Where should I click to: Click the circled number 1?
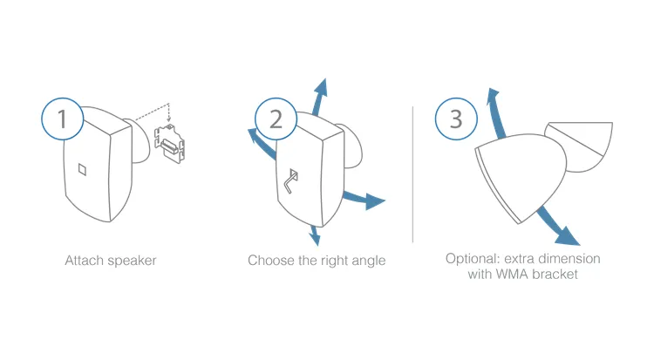[62, 119]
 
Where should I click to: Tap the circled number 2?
[276, 119]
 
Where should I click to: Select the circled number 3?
[456, 119]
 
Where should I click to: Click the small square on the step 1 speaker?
[83, 169]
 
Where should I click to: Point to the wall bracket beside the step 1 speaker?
[170, 144]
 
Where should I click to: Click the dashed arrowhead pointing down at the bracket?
[168, 122]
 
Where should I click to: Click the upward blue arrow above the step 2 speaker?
[319, 97]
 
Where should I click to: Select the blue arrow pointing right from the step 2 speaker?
[364, 199]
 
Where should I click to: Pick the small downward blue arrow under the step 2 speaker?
[315, 235]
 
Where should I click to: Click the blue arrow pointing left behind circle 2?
[261, 143]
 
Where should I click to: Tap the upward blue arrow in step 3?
[496, 112]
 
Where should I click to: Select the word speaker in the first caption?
[133, 262]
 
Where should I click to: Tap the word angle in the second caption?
[369, 262]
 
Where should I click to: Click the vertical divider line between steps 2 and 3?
[413, 174]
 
